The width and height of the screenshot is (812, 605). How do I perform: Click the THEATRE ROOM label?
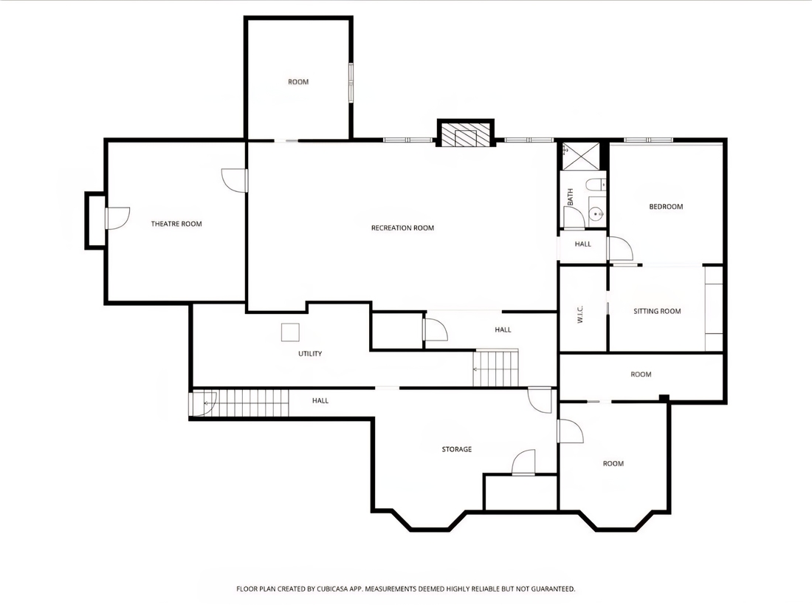pos(176,224)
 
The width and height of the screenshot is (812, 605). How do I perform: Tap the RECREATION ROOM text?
pos(402,228)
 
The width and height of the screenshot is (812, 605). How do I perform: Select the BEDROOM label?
pos(666,206)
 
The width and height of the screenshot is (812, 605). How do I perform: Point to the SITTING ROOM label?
pos(657,311)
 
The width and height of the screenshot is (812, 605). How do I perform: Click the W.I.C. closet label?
pos(580,314)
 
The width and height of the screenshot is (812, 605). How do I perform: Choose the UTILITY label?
pos(310,354)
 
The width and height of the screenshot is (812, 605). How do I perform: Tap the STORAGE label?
pos(457,449)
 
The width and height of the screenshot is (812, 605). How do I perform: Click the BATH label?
pos(570,196)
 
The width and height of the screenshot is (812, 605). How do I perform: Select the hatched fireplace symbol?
pos(466,134)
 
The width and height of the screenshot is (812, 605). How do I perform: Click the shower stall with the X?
pos(581,156)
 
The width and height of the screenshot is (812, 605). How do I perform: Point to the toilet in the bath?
pos(596,185)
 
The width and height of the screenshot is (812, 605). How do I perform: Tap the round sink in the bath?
pos(597,213)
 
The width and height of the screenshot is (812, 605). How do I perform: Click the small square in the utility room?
pos(290,332)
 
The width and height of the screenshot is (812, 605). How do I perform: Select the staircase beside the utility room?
pos(495,368)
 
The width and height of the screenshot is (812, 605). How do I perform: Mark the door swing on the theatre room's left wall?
pos(117,218)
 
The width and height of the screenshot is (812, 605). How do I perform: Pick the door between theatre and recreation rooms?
pos(235,180)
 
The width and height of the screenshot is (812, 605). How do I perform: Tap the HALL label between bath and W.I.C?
pos(582,245)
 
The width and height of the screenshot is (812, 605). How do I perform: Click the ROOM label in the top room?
pos(298,82)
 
